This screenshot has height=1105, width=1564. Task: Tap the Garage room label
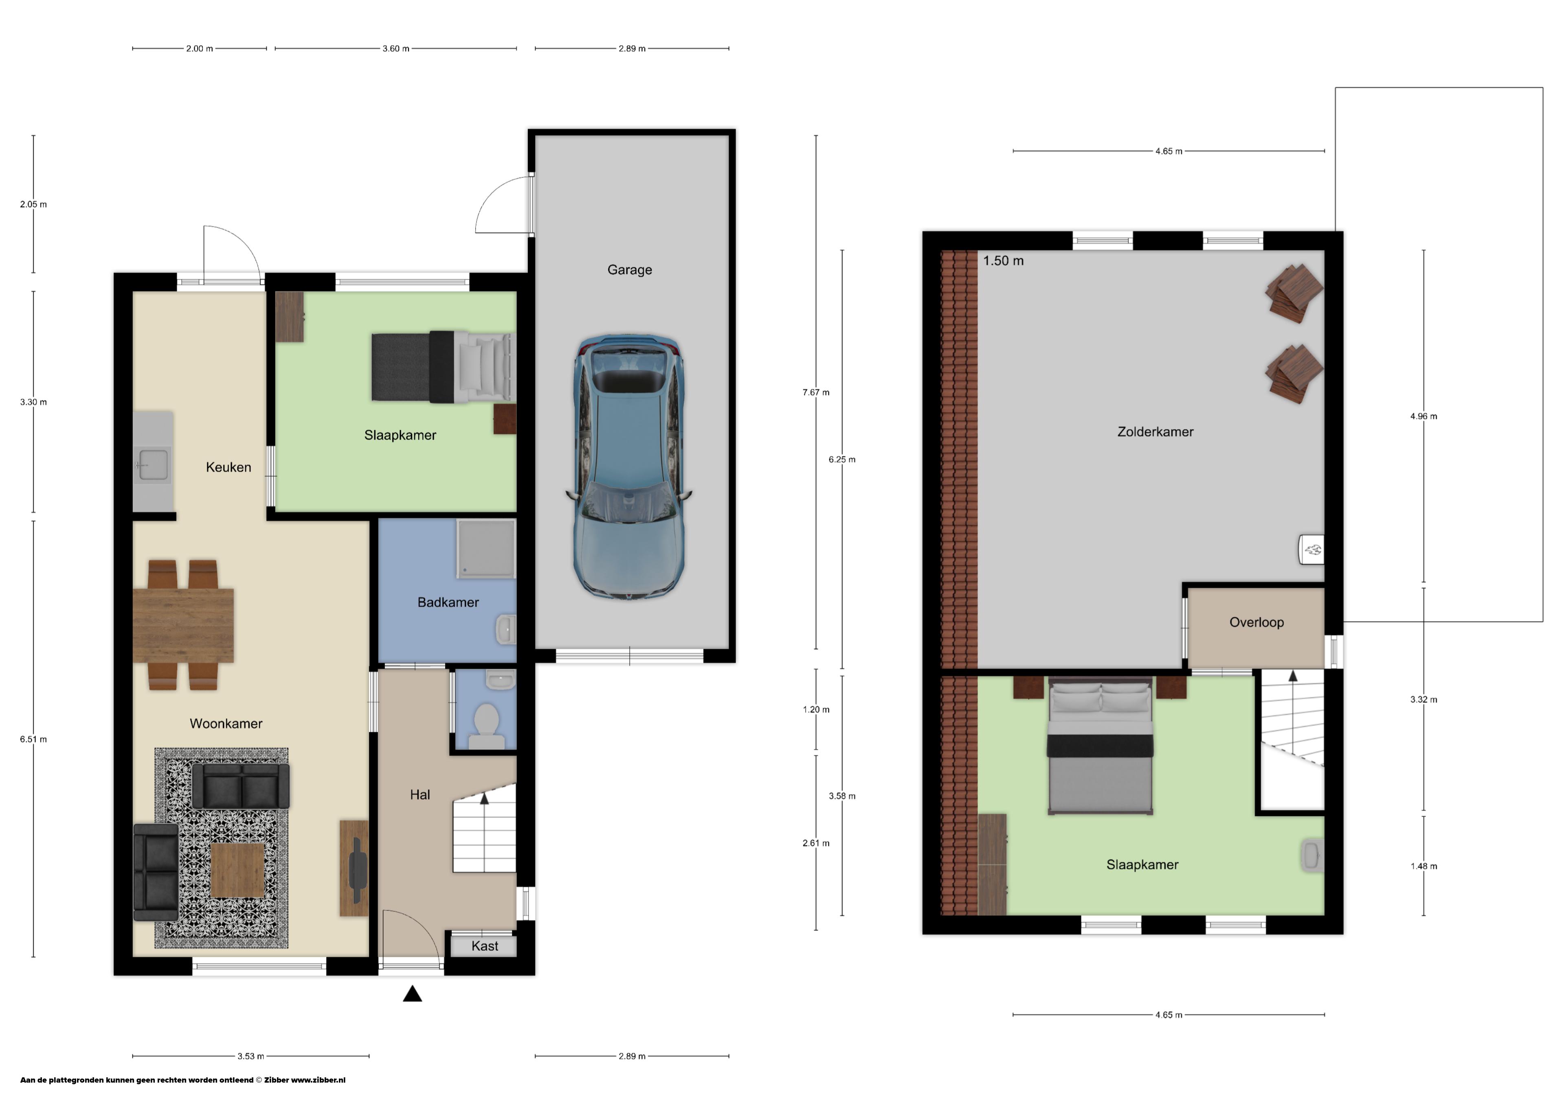click(x=629, y=269)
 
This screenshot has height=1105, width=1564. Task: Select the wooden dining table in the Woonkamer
click(x=183, y=626)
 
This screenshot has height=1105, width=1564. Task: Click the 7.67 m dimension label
click(x=816, y=392)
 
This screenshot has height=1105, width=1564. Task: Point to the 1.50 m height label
click(x=1003, y=261)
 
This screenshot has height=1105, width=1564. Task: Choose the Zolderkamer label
click(x=1155, y=432)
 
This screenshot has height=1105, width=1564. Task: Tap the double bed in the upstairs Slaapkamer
click(x=1100, y=746)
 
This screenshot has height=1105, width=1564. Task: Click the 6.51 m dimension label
click(x=33, y=740)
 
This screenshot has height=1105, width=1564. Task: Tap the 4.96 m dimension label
click(x=1423, y=416)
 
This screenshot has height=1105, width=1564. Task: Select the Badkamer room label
click(x=448, y=602)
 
